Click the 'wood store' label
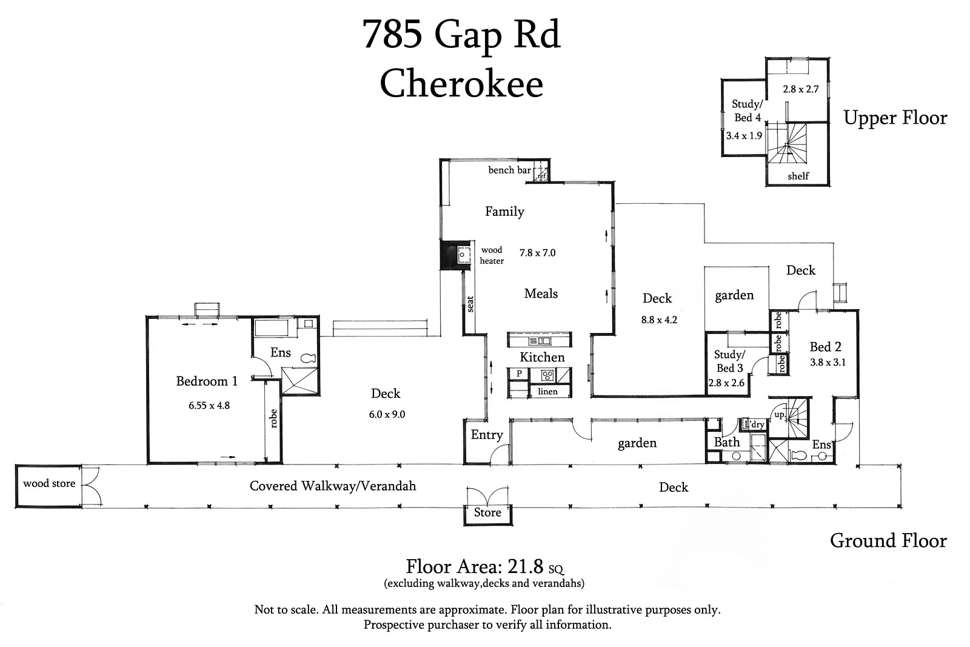click(x=49, y=484)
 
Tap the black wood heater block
click(x=450, y=255)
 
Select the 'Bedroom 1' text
click(x=207, y=381)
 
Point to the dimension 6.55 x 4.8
click(x=209, y=406)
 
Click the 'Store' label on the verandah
click(x=487, y=512)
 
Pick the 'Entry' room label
click(x=487, y=435)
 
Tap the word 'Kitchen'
click(x=542, y=357)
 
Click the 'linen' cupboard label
click(x=547, y=392)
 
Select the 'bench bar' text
click(x=509, y=170)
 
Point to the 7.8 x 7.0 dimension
click(x=537, y=253)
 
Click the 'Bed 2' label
click(x=825, y=347)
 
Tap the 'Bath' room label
click(x=726, y=442)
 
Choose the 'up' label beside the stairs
click(x=779, y=415)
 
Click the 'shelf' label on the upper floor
click(x=798, y=176)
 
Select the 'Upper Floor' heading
click(x=895, y=118)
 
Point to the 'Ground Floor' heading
click(x=888, y=540)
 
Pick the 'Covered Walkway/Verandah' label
click(x=333, y=486)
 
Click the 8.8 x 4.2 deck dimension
click(x=659, y=320)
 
